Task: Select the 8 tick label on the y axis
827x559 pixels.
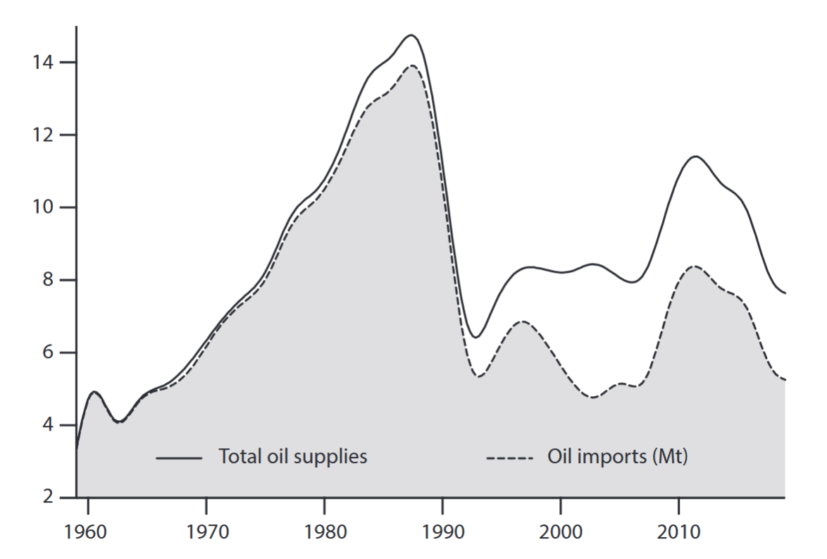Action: (x=55, y=281)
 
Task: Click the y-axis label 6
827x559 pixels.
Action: (x=55, y=353)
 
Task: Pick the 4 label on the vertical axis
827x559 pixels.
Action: (x=55, y=426)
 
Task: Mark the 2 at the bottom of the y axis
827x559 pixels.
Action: (x=55, y=498)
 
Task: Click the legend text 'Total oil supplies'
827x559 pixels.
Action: (x=293, y=457)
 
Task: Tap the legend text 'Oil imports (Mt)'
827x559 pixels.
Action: (x=617, y=457)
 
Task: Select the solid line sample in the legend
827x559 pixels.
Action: (x=179, y=458)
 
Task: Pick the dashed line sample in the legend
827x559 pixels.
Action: (x=511, y=458)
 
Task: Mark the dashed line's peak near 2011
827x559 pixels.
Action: (x=695, y=266)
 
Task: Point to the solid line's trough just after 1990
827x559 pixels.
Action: (x=475, y=338)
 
